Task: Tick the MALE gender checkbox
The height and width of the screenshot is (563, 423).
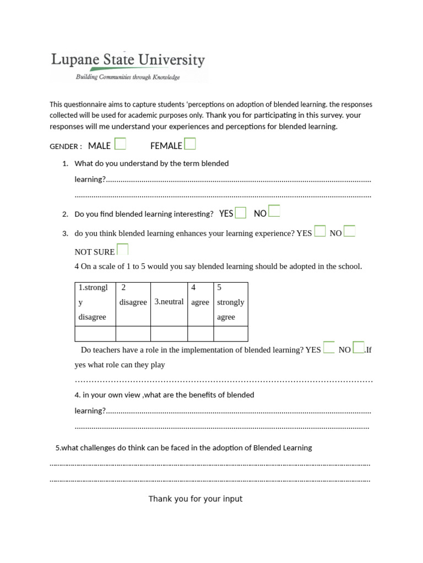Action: coord(120,144)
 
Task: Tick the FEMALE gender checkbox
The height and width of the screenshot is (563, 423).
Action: coord(189,144)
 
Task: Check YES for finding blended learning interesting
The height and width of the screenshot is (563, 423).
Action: coord(240,213)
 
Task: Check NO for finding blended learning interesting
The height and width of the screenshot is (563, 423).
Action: coord(274,212)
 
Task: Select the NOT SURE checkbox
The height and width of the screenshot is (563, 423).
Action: coord(122,250)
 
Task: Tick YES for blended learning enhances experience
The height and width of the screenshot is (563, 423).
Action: coord(320,231)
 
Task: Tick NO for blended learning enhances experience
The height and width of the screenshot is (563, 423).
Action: coord(349,231)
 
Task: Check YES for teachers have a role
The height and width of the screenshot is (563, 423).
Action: coord(329,347)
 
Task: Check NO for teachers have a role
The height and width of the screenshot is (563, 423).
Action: coord(359,347)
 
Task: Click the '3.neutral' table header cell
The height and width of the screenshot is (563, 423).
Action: coord(169,302)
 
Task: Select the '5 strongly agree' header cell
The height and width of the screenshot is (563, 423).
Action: coord(230,302)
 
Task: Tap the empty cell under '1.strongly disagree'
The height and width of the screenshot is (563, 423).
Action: coord(95,334)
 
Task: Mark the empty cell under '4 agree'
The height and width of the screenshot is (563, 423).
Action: coord(200,334)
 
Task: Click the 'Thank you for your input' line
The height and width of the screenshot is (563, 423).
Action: coord(195,499)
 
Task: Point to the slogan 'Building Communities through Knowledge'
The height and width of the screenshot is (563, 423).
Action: coord(128,78)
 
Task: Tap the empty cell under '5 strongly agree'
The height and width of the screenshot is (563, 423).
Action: coord(230,334)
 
